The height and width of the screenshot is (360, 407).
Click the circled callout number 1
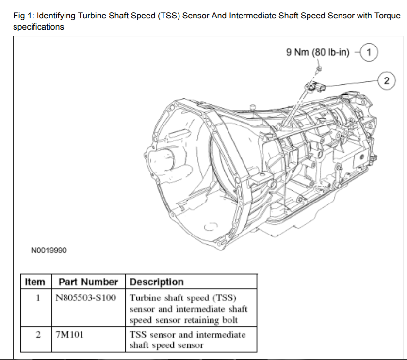[370, 51]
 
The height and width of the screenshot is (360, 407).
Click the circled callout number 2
[386, 80]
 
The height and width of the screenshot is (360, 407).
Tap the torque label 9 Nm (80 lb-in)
[318, 52]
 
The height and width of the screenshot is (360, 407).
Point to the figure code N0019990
[49, 250]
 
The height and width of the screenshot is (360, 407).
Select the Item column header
[34, 282]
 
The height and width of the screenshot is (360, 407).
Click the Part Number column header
[88, 282]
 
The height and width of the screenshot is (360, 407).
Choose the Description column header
[157, 282]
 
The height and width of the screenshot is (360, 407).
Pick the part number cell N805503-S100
[86, 297]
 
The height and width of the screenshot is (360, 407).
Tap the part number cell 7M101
[66, 334]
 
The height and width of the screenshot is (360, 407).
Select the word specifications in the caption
[38, 27]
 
